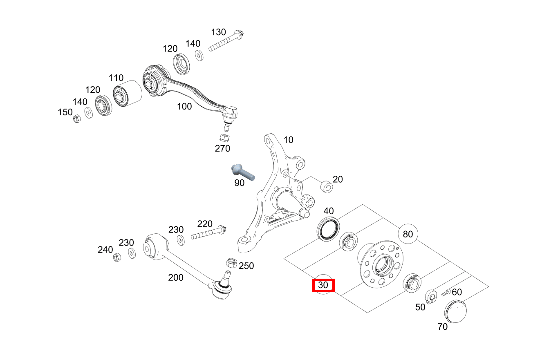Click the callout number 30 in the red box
coord(323,285)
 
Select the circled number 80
coord(408,234)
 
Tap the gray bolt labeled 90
coord(242,171)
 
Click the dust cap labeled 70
coord(455,311)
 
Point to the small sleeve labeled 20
coord(327,187)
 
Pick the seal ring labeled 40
coord(329,228)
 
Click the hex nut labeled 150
coord(76,119)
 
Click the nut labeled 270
coord(224,138)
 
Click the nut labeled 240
coord(116,257)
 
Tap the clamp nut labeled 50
coord(430,297)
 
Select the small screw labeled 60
coord(446,293)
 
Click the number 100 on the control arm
coord(184,107)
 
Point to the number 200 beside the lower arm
coord(176,278)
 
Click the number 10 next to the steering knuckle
coord(288,140)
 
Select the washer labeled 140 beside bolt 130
coord(199,55)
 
